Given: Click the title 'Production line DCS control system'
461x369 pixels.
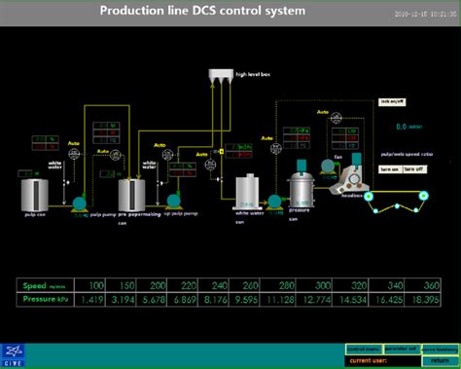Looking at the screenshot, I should coord(202,12).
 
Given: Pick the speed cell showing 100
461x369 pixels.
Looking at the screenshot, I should coord(94,285).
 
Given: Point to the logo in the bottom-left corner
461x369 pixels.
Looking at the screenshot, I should coord(16,352).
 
